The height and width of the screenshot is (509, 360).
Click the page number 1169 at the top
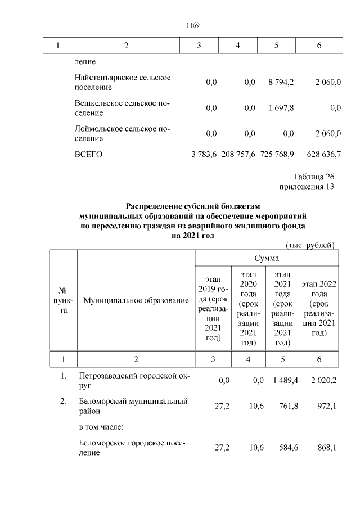193,25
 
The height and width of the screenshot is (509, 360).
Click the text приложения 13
307,187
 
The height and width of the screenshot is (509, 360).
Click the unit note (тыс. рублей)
310,245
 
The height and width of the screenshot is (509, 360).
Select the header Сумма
267,258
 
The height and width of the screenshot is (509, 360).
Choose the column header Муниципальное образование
136,301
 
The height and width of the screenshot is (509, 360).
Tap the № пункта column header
63,301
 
